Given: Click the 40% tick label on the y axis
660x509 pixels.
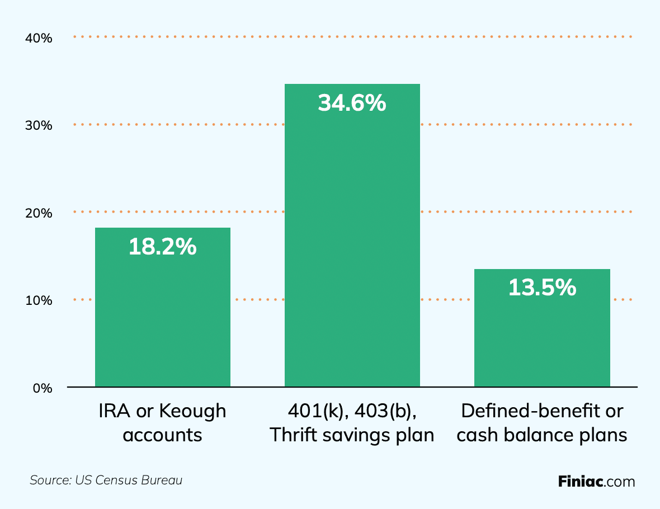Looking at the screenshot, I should [x=39, y=39].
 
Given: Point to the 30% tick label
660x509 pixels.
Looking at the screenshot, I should [x=39, y=126].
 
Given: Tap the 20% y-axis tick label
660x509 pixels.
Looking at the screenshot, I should [x=39, y=213].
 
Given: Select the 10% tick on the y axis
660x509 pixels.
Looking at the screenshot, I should [x=39, y=300].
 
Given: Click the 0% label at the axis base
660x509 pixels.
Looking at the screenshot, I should [x=42, y=388].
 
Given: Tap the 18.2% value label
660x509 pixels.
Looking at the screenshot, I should [x=162, y=247].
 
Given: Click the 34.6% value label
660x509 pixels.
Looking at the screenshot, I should [x=352, y=103].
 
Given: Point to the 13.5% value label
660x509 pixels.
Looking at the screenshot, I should [x=541, y=288].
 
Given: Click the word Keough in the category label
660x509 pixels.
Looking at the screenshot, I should [x=193, y=411].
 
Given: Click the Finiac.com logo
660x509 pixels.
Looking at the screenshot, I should [x=596, y=481].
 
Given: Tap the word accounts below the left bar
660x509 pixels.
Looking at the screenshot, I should [x=162, y=435].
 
